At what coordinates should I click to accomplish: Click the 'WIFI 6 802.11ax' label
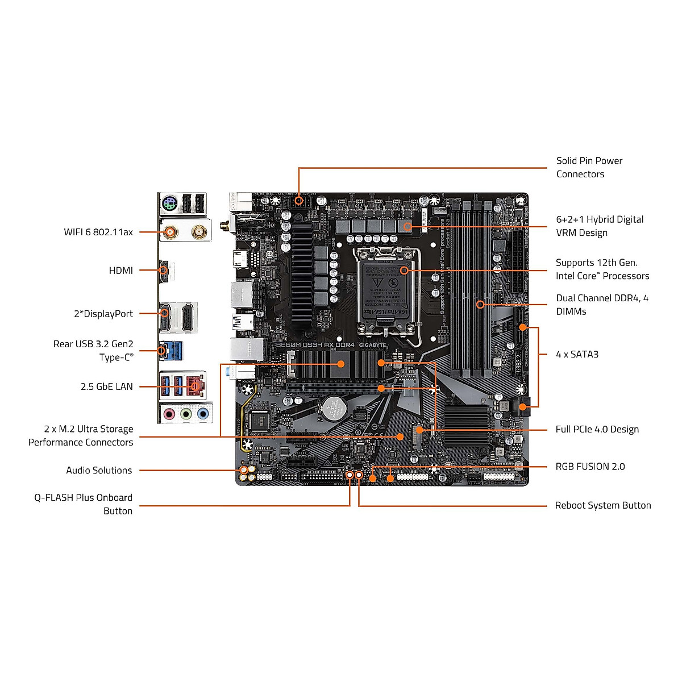point(98,232)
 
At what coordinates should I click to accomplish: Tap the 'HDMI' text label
point(120,271)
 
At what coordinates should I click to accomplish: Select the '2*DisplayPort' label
point(103,314)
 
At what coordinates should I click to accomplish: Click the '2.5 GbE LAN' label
point(106,386)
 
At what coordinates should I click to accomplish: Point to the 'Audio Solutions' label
point(99,470)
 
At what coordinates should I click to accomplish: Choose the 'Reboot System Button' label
point(602,505)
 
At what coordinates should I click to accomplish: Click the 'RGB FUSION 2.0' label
point(590,467)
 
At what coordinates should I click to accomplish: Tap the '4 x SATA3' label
point(577,354)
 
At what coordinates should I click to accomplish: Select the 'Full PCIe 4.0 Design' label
point(597,430)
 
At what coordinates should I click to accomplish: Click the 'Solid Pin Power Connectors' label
point(589,168)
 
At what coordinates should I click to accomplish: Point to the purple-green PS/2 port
point(169,203)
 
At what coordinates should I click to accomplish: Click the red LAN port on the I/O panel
point(195,385)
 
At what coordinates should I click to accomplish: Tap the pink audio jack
point(169,414)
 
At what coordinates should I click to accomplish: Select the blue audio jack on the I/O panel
point(203,414)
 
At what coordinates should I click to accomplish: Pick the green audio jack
point(186,414)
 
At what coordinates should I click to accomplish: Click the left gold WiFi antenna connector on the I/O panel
point(169,231)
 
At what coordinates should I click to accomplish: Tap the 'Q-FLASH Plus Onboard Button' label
point(83,504)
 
